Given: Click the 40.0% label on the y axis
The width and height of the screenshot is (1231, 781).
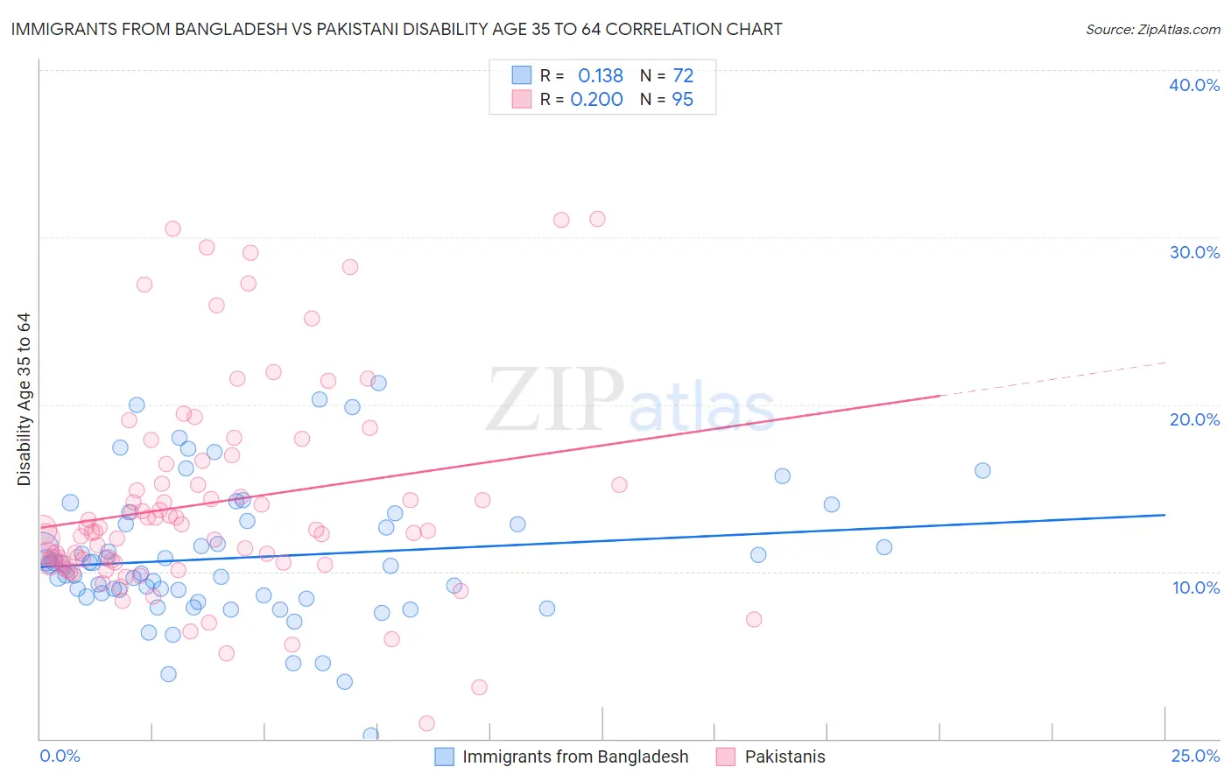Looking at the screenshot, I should (1194, 85).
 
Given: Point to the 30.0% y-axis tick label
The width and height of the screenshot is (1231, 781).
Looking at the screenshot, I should (1194, 252).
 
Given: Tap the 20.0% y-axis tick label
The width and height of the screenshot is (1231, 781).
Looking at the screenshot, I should (1194, 419).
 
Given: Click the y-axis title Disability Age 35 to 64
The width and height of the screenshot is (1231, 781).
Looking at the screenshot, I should (25, 399).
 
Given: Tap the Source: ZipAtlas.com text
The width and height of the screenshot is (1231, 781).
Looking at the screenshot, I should (1152, 29).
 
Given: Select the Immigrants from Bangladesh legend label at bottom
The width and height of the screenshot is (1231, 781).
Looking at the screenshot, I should (575, 757).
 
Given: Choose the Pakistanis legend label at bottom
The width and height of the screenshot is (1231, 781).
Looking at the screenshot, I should (784, 757).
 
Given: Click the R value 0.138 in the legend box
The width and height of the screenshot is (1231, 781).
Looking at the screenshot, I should (600, 76).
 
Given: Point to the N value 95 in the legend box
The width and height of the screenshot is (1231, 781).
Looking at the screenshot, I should (682, 100).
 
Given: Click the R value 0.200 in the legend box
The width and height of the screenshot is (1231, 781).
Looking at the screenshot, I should (596, 100).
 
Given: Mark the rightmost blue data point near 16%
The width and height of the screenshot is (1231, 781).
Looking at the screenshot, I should (982, 470).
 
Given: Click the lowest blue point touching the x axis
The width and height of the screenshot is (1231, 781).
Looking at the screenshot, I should (371, 735).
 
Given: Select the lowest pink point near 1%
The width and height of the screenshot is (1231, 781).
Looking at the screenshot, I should (426, 723).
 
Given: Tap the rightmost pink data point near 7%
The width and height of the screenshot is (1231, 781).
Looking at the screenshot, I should (754, 619).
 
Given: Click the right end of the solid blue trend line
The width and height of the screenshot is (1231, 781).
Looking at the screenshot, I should (1164, 515).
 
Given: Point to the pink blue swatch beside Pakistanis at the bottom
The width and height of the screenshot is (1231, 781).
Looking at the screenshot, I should (725, 757).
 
